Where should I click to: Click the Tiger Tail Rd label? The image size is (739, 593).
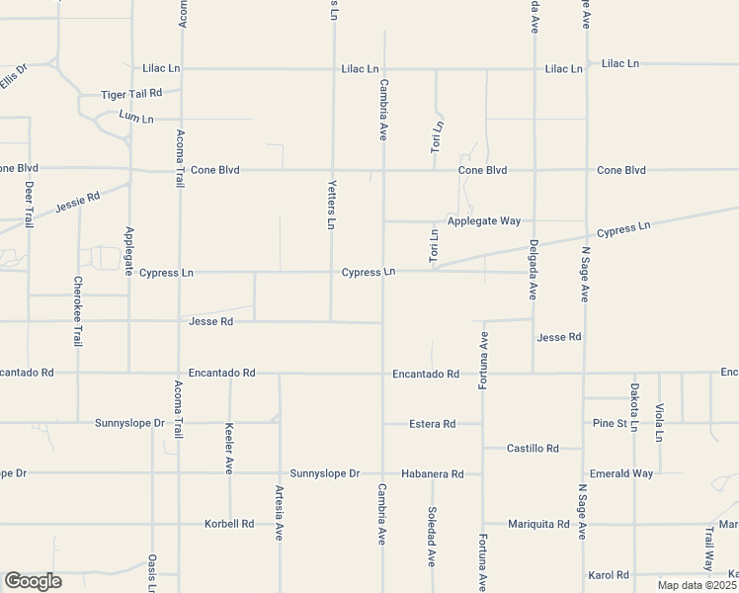pyautogui.click(x=137, y=94)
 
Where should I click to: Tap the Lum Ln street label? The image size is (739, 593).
pyautogui.click(x=136, y=118)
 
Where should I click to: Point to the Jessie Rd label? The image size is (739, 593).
pyautogui.click(x=79, y=203)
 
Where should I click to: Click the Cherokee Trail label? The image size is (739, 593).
pyautogui.click(x=78, y=310)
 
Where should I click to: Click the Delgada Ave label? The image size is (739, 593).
pyautogui.click(x=533, y=270)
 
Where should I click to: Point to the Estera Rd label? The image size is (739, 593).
pyautogui.click(x=433, y=424)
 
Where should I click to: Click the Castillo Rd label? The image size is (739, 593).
pyautogui.click(x=533, y=449)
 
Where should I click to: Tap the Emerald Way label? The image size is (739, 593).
pyautogui.click(x=620, y=473)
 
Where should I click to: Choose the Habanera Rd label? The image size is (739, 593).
pyautogui.click(x=431, y=474)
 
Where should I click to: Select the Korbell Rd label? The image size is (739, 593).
pyautogui.click(x=229, y=524)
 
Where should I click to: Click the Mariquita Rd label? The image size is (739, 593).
pyautogui.click(x=538, y=524)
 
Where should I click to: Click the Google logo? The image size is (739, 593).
pyautogui.click(x=33, y=581)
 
